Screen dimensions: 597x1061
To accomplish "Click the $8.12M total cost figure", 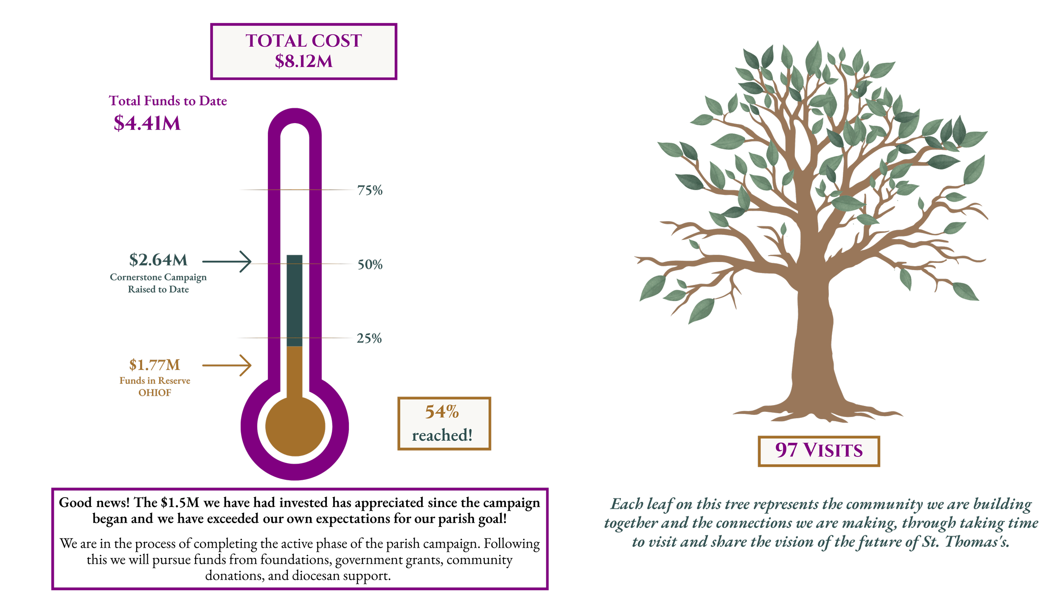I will (x=303, y=62).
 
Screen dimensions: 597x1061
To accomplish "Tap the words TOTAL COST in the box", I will (x=303, y=41).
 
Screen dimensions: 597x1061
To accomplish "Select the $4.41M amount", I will (x=147, y=123).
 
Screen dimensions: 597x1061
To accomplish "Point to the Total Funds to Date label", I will (x=168, y=101).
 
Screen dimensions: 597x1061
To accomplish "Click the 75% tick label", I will (x=370, y=190).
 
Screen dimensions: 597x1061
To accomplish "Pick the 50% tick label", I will (x=370, y=265).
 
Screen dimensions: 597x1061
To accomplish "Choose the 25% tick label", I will (x=369, y=338).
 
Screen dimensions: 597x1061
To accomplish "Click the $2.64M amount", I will (x=158, y=260).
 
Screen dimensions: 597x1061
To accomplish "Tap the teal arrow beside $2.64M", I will (x=227, y=262).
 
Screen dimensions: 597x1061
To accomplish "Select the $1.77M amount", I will (x=154, y=365).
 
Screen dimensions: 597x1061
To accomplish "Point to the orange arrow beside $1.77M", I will (x=227, y=365).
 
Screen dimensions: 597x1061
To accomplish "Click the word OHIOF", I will (x=154, y=393).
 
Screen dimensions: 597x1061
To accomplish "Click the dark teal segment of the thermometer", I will (x=295, y=301).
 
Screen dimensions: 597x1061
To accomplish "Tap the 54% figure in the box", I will (x=442, y=412).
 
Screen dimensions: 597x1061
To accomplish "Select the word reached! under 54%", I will (x=442, y=435).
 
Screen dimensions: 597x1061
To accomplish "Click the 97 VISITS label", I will (x=819, y=451).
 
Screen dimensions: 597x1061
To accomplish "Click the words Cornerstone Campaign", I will (x=158, y=277).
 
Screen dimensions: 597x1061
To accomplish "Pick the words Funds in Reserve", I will (x=154, y=380).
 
